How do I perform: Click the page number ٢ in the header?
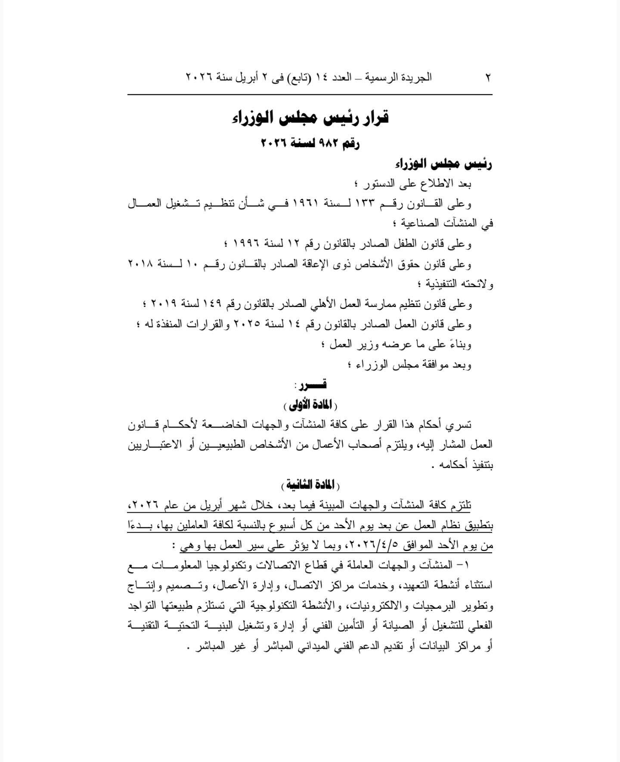pyautogui.click(x=488, y=77)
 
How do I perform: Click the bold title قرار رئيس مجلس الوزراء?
pyautogui.click(x=310, y=117)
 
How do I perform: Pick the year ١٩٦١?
pyautogui.click(x=306, y=204)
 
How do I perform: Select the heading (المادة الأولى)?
pyautogui.click(x=310, y=405)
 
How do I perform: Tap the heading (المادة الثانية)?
pyautogui.click(x=310, y=486)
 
